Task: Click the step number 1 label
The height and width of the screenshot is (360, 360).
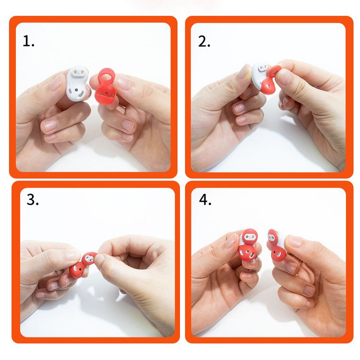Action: coord(28,41)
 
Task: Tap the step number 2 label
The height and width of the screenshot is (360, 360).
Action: coord(204,42)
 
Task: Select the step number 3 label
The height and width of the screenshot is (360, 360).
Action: coord(32,199)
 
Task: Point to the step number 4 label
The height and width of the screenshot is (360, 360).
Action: coord(205,199)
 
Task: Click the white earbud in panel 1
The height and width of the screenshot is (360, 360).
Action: coord(77,83)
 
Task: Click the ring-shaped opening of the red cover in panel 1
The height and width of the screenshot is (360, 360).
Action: coord(107,75)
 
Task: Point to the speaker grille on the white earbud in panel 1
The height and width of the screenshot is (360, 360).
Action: coord(81,94)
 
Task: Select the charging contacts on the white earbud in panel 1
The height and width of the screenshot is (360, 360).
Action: coord(78,72)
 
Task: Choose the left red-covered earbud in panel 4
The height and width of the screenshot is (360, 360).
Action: coord(248,244)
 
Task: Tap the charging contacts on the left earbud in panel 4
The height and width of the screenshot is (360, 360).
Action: coord(249,237)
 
